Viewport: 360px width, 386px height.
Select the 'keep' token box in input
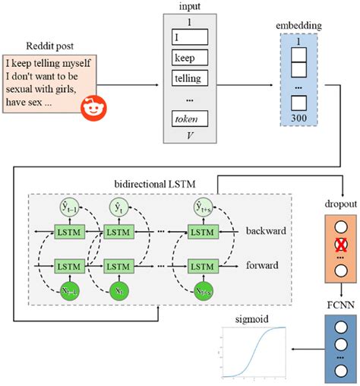[186, 57]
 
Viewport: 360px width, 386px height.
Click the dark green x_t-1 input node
[65, 292]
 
